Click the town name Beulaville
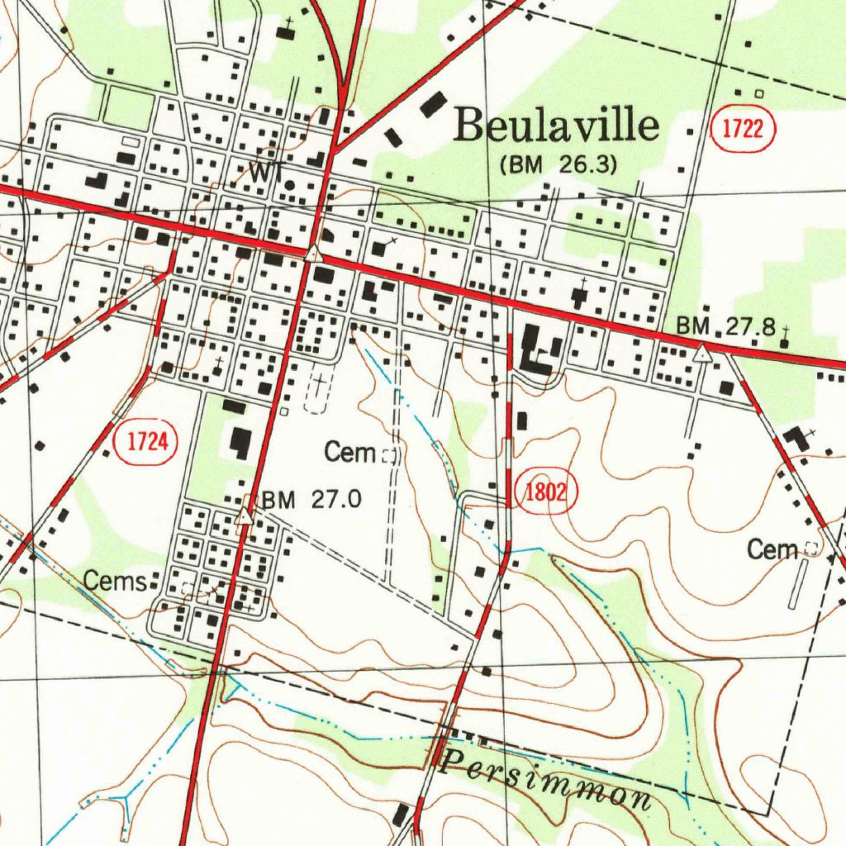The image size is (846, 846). click(558, 127)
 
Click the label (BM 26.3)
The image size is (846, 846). click(558, 164)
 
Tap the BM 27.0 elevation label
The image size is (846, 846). click(311, 499)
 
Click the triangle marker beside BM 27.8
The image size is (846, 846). click(702, 354)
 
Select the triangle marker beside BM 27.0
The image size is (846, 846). click(245, 517)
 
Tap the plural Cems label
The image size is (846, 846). click(115, 581)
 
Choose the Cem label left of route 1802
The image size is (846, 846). click(350, 452)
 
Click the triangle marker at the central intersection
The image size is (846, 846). click(313, 253)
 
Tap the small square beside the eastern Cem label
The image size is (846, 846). click(810, 549)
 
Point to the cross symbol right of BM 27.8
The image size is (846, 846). click(783, 335)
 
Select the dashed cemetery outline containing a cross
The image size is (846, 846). click(316, 392)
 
